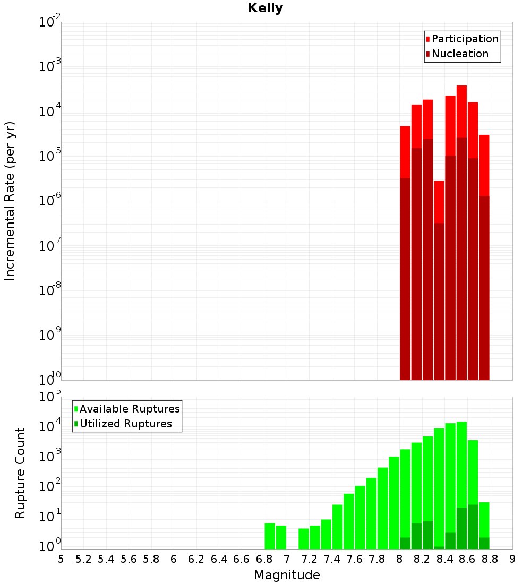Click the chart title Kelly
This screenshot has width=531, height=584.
tap(265, 8)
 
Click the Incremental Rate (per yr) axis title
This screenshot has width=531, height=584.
tap(10, 201)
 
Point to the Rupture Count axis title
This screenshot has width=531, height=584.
tap(20, 473)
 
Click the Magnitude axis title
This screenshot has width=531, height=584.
tap(287, 574)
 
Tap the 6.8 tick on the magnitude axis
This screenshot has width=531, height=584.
tap(264, 559)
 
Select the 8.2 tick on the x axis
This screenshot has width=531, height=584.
tap(422, 559)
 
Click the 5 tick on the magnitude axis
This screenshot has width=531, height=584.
tap(61, 559)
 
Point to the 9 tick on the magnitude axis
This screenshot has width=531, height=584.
tap(512, 559)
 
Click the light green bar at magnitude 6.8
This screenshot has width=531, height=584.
tap(270, 536)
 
